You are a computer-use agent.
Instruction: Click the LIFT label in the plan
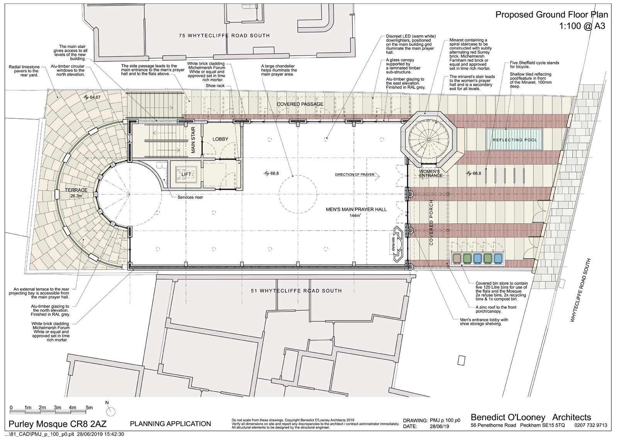186,175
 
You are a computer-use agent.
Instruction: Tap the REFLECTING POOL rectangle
514,140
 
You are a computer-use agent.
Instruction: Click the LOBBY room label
221,139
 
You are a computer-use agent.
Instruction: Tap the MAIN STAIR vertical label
194,140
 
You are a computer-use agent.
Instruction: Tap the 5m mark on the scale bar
89,408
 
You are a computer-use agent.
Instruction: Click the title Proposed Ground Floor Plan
552,15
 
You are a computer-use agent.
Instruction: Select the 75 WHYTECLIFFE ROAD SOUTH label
224,36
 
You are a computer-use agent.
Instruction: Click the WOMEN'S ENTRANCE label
431,173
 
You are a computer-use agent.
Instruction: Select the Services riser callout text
190,197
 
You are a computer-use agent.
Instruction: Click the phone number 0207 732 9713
591,425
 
